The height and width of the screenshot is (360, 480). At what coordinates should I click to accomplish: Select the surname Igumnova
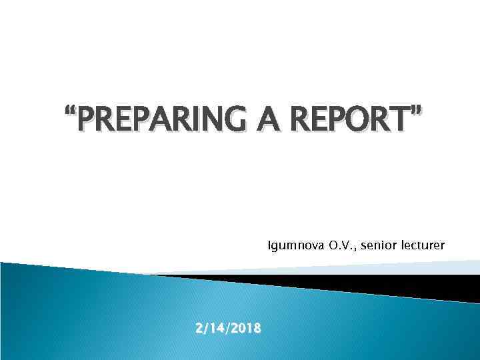pos(297,246)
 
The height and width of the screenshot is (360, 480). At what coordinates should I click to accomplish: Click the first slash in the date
pos(205,328)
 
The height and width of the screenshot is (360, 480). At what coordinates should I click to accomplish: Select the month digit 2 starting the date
pos(199,328)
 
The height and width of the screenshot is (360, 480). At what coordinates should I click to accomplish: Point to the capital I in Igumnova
pos(269,246)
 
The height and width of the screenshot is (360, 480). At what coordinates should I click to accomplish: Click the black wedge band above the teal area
pos(400,286)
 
